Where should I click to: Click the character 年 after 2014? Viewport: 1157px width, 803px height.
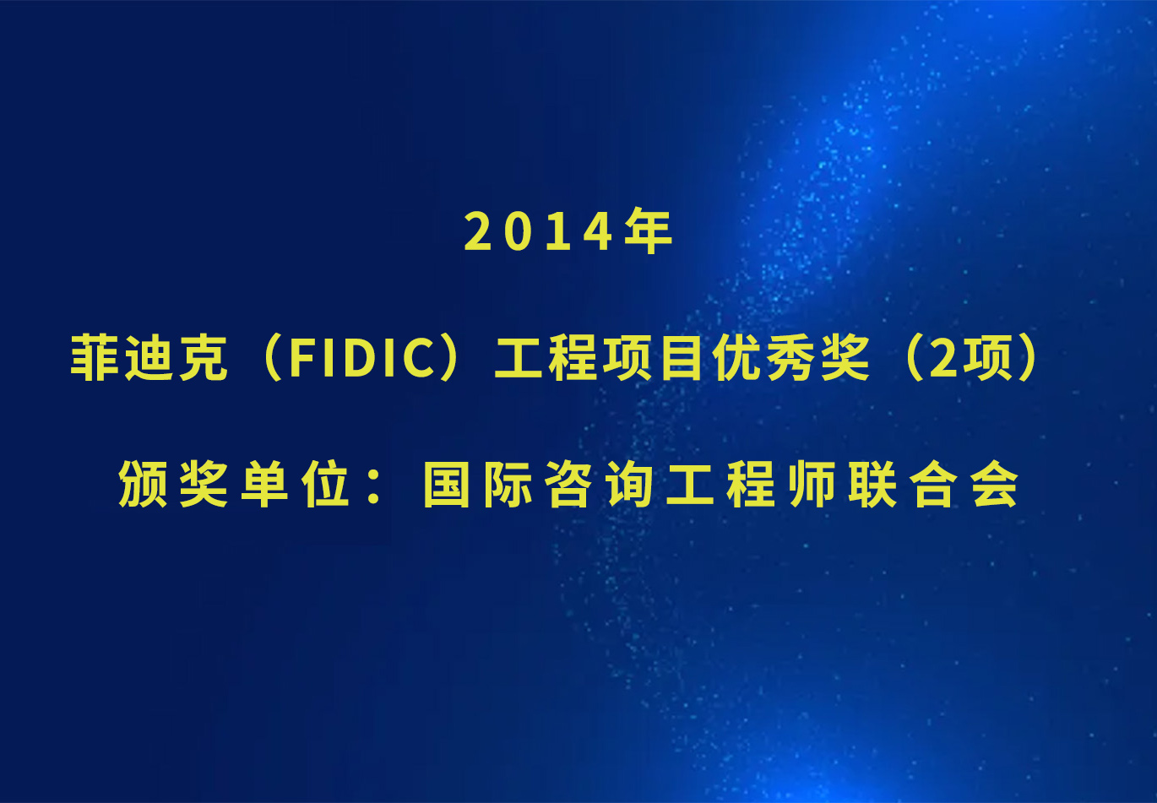pyautogui.click(x=649, y=231)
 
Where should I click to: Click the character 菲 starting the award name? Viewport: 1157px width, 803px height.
pyautogui.click(x=95, y=358)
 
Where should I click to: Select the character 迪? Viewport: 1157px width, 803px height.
pyautogui.click(x=149, y=358)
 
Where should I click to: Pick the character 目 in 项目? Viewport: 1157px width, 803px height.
pyautogui.click(x=682, y=358)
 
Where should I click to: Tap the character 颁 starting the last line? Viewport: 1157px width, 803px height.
pyautogui.click(x=143, y=484)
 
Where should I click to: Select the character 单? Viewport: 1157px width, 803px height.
pyautogui.click(x=264, y=484)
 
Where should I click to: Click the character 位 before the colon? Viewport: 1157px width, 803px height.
pyautogui.click(x=325, y=484)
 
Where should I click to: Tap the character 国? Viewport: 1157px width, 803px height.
pyautogui.click(x=446, y=485)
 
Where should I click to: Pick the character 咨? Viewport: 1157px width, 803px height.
pyautogui.click(x=568, y=484)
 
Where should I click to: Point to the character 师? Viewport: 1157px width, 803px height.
pyautogui.click(x=812, y=484)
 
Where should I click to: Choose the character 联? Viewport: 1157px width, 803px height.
pyautogui.click(x=872, y=484)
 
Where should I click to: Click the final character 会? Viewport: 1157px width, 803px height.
pyautogui.click(x=994, y=484)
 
